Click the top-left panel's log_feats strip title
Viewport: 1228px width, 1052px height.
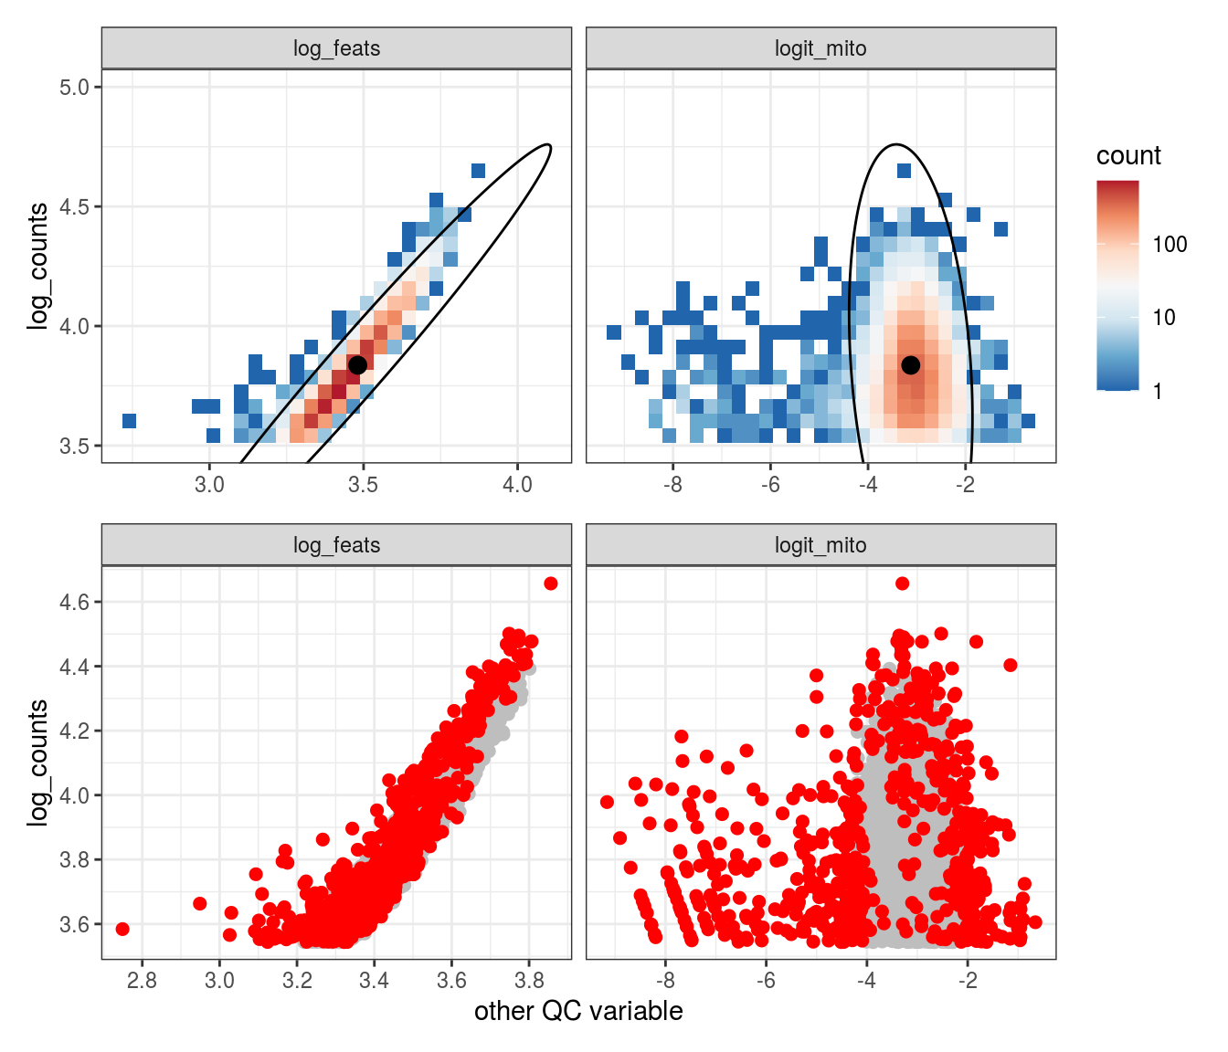(336, 48)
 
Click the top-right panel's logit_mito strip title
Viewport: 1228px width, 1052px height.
(820, 48)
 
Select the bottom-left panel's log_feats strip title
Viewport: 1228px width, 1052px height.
(336, 545)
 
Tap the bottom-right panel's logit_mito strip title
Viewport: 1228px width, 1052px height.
(820, 545)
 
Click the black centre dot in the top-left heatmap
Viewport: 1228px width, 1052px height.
(357, 364)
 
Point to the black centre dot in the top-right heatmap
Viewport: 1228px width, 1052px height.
(910, 364)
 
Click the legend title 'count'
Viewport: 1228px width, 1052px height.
(1128, 156)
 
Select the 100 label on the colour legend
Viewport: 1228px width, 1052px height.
(1170, 245)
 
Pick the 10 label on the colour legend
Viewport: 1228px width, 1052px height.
(1164, 318)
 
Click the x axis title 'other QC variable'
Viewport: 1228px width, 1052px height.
(578, 1012)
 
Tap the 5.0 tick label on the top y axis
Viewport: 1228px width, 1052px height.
(74, 88)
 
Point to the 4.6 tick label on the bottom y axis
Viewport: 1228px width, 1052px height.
(74, 603)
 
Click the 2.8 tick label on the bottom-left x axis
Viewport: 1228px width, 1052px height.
(142, 981)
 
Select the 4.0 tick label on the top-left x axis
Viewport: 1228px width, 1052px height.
(517, 484)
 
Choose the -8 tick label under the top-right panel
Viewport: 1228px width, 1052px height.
(672, 484)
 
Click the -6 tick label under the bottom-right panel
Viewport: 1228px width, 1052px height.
(766, 981)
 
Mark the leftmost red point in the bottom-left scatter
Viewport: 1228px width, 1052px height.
(122, 929)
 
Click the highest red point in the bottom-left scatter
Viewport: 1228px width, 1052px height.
(550, 584)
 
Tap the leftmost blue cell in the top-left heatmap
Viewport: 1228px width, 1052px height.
(129, 421)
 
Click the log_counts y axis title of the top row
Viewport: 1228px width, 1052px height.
(37, 266)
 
